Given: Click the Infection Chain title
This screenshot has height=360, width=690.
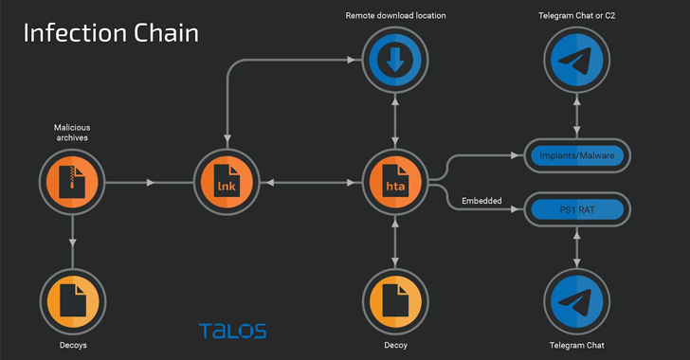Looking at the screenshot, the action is pos(111,33).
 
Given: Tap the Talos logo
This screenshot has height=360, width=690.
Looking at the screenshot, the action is pos(232,331).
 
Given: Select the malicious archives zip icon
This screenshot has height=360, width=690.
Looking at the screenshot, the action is pos(72,182).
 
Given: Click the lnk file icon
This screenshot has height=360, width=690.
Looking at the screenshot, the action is pos(227,182).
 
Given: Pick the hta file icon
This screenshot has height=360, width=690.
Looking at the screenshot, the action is pos(395,182).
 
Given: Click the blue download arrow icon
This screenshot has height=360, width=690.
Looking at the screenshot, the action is pos(395,60).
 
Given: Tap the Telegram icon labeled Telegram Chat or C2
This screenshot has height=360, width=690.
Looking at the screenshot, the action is pos(577,60).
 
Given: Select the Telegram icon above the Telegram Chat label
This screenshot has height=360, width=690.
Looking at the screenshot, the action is pos(577,302).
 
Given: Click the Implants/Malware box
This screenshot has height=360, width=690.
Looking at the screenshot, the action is pos(577,155).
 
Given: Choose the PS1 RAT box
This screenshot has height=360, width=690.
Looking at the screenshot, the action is pos(577,209).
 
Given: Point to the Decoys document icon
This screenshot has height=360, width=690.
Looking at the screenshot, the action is pos(73,302).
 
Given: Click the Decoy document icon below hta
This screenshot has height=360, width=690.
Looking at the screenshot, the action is pos(395,302).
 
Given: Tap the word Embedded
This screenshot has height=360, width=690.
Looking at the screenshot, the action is pos(481,201).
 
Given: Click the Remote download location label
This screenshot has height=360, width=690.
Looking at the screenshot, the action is pos(395,15).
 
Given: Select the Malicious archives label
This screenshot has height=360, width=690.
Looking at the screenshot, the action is pos(72,133).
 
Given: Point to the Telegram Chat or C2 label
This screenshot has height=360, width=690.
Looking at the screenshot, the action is pos(577,15).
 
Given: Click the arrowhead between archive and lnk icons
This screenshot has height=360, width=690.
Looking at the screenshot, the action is pos(150,182).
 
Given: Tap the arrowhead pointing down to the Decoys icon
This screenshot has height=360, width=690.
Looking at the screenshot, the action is pos(73,243).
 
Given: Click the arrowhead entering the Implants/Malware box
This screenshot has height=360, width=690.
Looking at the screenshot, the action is pos(515,155).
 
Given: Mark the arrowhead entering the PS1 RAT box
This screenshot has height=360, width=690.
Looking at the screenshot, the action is pos(515,209).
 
